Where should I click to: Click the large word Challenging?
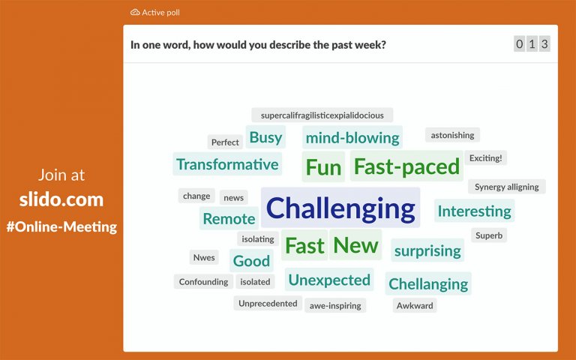pos(340,208)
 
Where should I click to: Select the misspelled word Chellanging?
pos(428,284)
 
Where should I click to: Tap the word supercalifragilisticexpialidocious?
pos(322,115)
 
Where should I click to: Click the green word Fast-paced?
pos(406,166)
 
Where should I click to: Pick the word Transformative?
pos(227,164)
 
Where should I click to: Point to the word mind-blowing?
pos(352,137)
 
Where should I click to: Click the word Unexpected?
pos(329,280)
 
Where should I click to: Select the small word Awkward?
pos(415,305)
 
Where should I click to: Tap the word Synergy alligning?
pos(507,187)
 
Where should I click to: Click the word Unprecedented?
pos(268,304)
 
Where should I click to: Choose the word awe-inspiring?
pos(335,305)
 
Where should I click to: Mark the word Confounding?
pos(203,282)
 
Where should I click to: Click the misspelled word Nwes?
pos(204,257)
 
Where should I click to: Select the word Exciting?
pos(486,157)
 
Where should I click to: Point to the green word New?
pos(355,244)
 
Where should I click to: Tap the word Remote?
pos(229,219)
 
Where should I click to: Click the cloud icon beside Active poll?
pos(135,12)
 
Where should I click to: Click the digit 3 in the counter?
pos(544,44)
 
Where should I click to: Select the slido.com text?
pos(61,200)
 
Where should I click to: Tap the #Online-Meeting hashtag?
pos(61,226)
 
